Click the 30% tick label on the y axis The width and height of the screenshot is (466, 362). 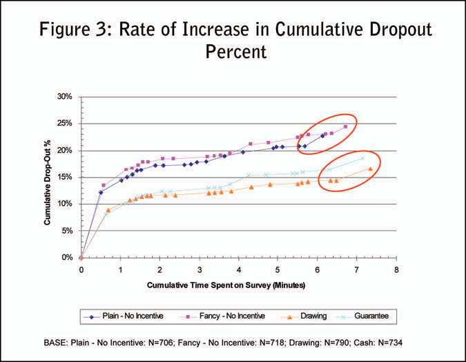click(x=64, y=97)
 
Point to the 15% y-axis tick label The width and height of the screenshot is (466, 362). click(x=64, y=177)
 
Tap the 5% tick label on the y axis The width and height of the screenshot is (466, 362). click(x=66, y=231)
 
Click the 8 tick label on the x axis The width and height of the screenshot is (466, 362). click(x=396, y=270)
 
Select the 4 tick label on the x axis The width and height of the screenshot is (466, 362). click(x=239, y=270)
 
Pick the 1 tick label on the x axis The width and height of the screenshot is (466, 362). click(x=121, y=270)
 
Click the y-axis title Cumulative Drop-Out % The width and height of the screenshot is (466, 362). click(x=48, y=175)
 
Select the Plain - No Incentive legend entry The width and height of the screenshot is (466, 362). click(x=127, y=316)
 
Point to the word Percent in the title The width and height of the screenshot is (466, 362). click(x=233, y=53)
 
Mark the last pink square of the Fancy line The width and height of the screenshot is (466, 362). click(x=345, y=126)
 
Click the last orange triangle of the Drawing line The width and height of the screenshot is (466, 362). click(x=371, y=169)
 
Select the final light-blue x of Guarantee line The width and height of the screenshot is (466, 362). click(x=362, y=158)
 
